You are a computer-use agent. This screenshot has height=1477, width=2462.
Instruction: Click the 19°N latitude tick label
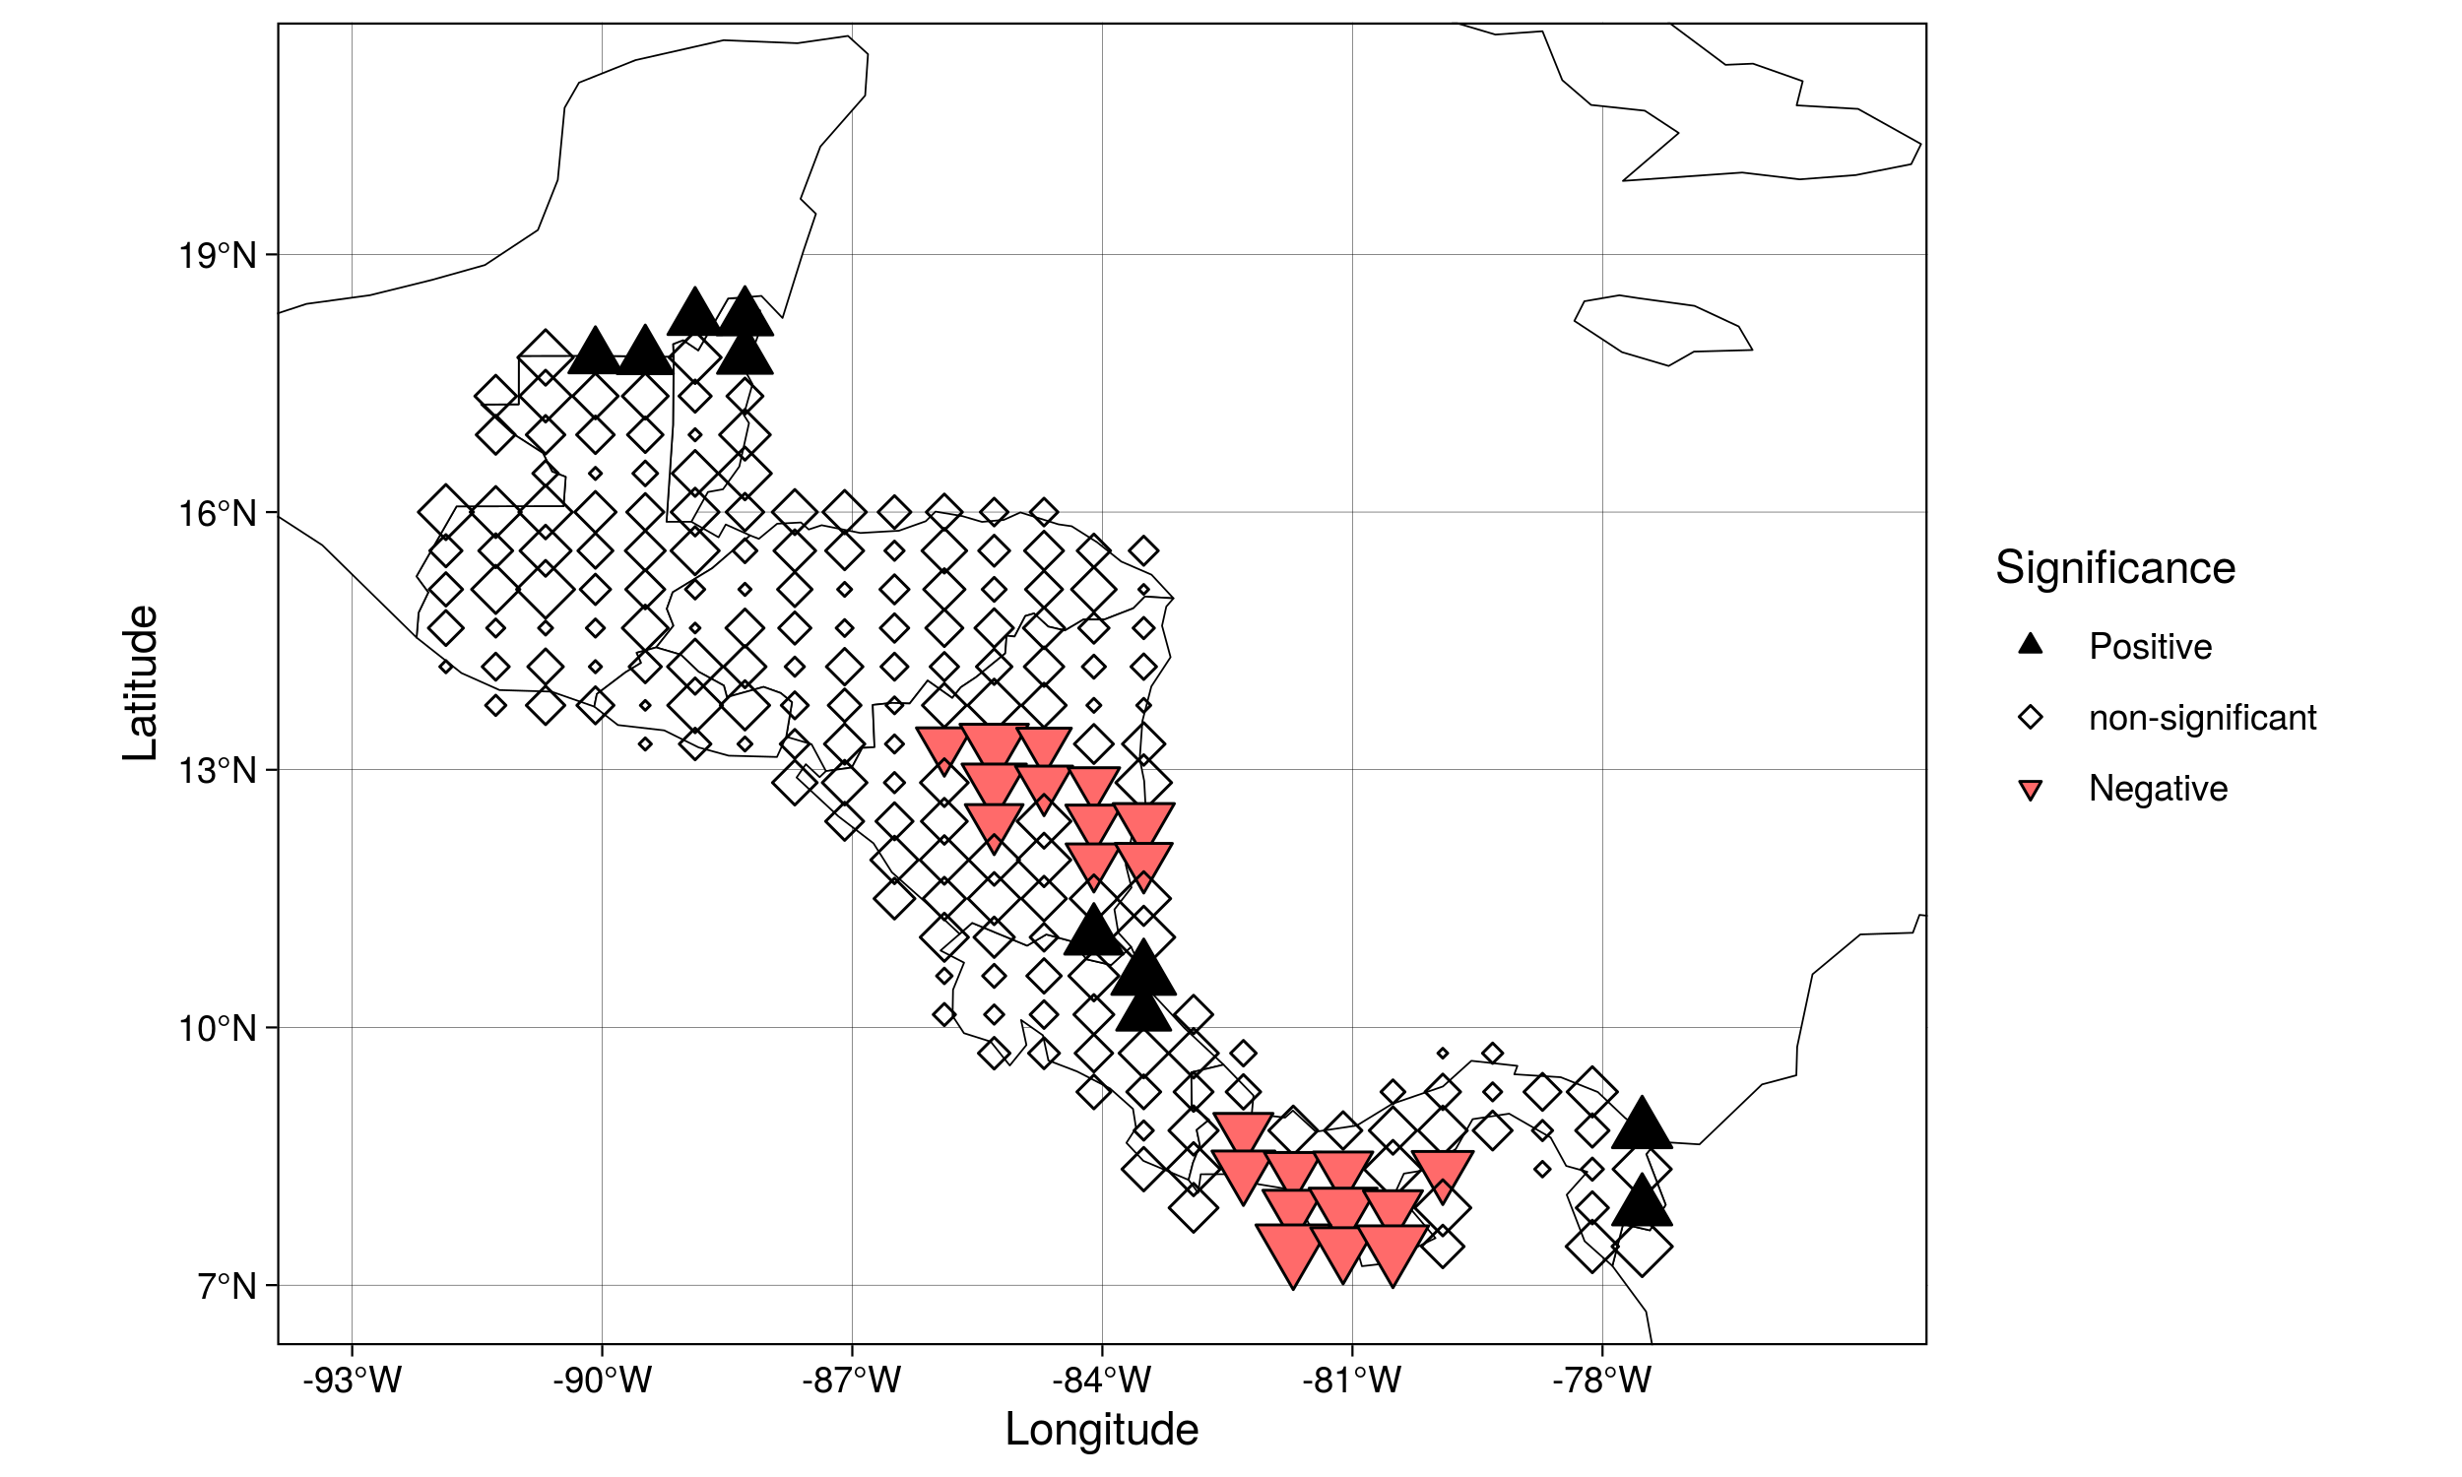[x=217, y=256]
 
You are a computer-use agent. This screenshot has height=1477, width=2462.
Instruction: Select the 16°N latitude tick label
[x=217, y=514]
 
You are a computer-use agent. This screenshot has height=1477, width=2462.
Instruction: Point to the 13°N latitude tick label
[x=217, y=770]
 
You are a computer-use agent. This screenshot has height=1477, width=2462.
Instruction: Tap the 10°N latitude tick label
[x=217, y=1028]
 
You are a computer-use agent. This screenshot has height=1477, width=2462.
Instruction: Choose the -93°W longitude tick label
[x=353, y=1380]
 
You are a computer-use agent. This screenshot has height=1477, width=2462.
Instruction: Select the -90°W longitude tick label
[x=602, y=1380]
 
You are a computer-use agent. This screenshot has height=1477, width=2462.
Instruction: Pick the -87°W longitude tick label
[x=852, y=1380]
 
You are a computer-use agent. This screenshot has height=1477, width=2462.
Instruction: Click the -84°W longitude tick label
[x=1102, y=1380]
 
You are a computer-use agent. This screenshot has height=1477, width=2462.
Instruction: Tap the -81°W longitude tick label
[x=1351, y=1380]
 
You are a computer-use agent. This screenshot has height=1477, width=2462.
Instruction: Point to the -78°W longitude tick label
[x=1601, y=1380]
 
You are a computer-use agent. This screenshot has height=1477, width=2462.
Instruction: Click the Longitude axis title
[x=1102, y=1429]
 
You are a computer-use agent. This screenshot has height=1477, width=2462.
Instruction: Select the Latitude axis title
[x=140, y=682]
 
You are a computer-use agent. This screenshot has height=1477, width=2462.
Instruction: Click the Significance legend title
[x=2115, y=568]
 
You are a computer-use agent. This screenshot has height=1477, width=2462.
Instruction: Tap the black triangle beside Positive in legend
[x=2030, y=644]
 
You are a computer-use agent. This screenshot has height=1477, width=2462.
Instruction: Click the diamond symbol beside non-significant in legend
[x=2030, y=718]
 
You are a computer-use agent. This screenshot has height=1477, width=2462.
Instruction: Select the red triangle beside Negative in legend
[x=2030, y=791]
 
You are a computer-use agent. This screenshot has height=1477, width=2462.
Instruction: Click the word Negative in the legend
[x=2158, y=789]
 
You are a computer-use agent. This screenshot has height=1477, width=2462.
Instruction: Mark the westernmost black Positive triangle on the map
[x=595, y=353]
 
